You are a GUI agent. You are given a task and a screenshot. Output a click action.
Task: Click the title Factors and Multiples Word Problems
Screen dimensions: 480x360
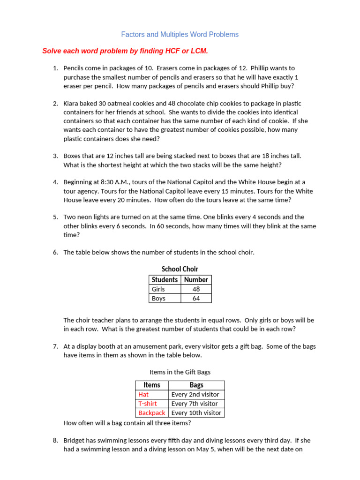[x=180, y=35]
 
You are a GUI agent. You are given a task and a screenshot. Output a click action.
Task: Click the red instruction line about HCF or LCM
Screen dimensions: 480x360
[x=125, y=51]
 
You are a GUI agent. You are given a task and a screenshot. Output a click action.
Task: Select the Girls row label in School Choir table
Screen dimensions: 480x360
[x=158, y=289]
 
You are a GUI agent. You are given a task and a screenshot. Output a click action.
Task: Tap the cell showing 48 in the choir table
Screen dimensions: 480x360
[x=196, y=289]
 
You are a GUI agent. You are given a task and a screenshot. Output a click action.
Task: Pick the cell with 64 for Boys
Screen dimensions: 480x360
[x=196, y=298]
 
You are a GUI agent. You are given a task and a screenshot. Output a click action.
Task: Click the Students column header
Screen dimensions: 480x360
[x=165, y=279]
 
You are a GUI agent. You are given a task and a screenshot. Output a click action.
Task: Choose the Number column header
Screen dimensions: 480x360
[x=196, y=279]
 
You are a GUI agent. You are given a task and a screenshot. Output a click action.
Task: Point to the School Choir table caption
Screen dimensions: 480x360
[x=180, y=269]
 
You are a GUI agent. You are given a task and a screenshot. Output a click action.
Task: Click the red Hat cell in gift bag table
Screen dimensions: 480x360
[x=143, y=395]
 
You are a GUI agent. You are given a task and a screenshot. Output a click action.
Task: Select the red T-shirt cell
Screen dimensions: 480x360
[x=147, y=404]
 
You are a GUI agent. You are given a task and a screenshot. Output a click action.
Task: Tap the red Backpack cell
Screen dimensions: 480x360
[x=151, y=413]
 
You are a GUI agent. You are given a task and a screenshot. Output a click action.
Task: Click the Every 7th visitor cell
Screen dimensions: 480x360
[x=195, y=404]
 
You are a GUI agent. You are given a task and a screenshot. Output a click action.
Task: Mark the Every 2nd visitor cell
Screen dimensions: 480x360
[x=195, y=395]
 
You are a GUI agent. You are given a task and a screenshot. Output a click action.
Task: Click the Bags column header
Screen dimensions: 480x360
[x=196, y=385]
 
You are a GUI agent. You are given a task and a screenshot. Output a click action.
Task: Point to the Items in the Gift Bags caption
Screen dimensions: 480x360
[x=180, y=372]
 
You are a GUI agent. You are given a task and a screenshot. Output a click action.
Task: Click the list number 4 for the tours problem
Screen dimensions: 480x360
[x=55, y=182]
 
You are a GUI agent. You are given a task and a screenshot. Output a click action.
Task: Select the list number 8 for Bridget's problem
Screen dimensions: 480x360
[x=55, y=441]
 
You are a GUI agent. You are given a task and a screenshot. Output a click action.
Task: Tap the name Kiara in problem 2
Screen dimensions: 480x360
[x=72, y=104]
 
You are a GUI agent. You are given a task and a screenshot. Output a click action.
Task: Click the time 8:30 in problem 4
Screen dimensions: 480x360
[x=105, y=182]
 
